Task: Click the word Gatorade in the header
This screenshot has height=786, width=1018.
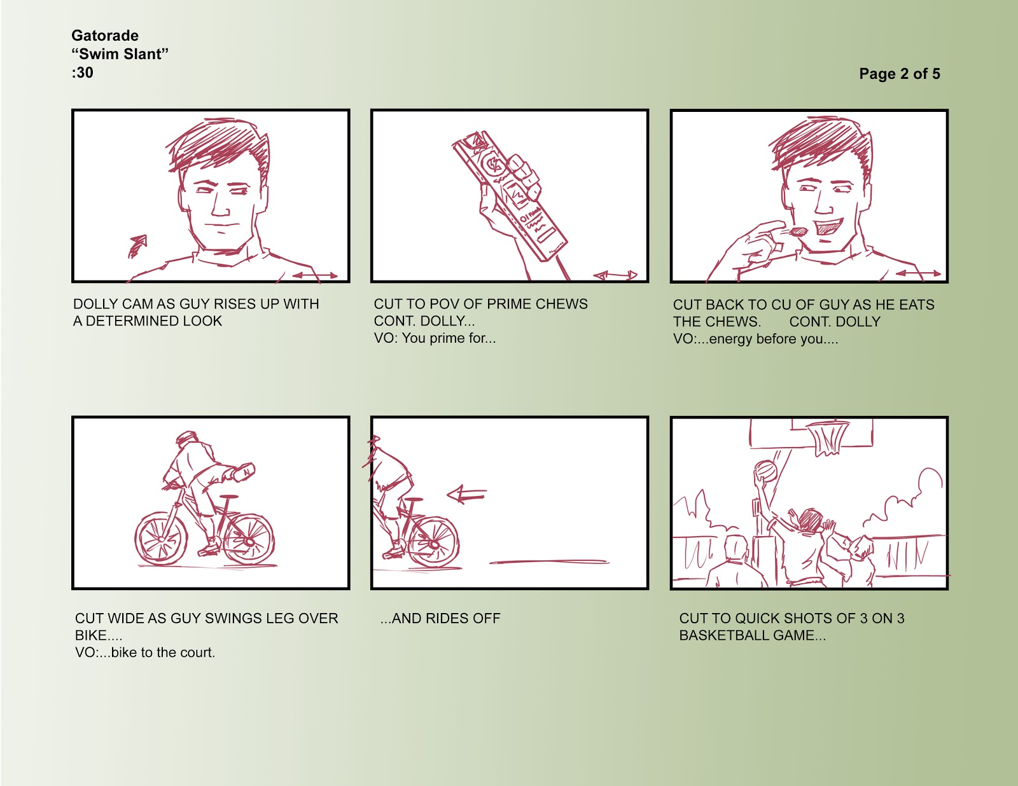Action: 105,36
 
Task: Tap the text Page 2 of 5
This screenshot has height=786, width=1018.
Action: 899,74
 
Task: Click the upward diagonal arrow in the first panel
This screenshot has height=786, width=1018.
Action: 137,246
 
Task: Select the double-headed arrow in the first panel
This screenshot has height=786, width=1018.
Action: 315,275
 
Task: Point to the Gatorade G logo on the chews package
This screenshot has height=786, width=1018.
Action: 493,165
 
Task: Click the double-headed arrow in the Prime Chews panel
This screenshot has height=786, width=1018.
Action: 615,275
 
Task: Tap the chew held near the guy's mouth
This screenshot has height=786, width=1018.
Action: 798,231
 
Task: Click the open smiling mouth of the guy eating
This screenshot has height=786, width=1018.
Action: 828,226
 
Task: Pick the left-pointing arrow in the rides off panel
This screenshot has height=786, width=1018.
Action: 467,494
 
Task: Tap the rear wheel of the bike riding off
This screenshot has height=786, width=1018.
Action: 433,542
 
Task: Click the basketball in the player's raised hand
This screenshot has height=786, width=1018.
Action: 765,471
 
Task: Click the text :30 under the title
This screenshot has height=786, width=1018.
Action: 83,73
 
